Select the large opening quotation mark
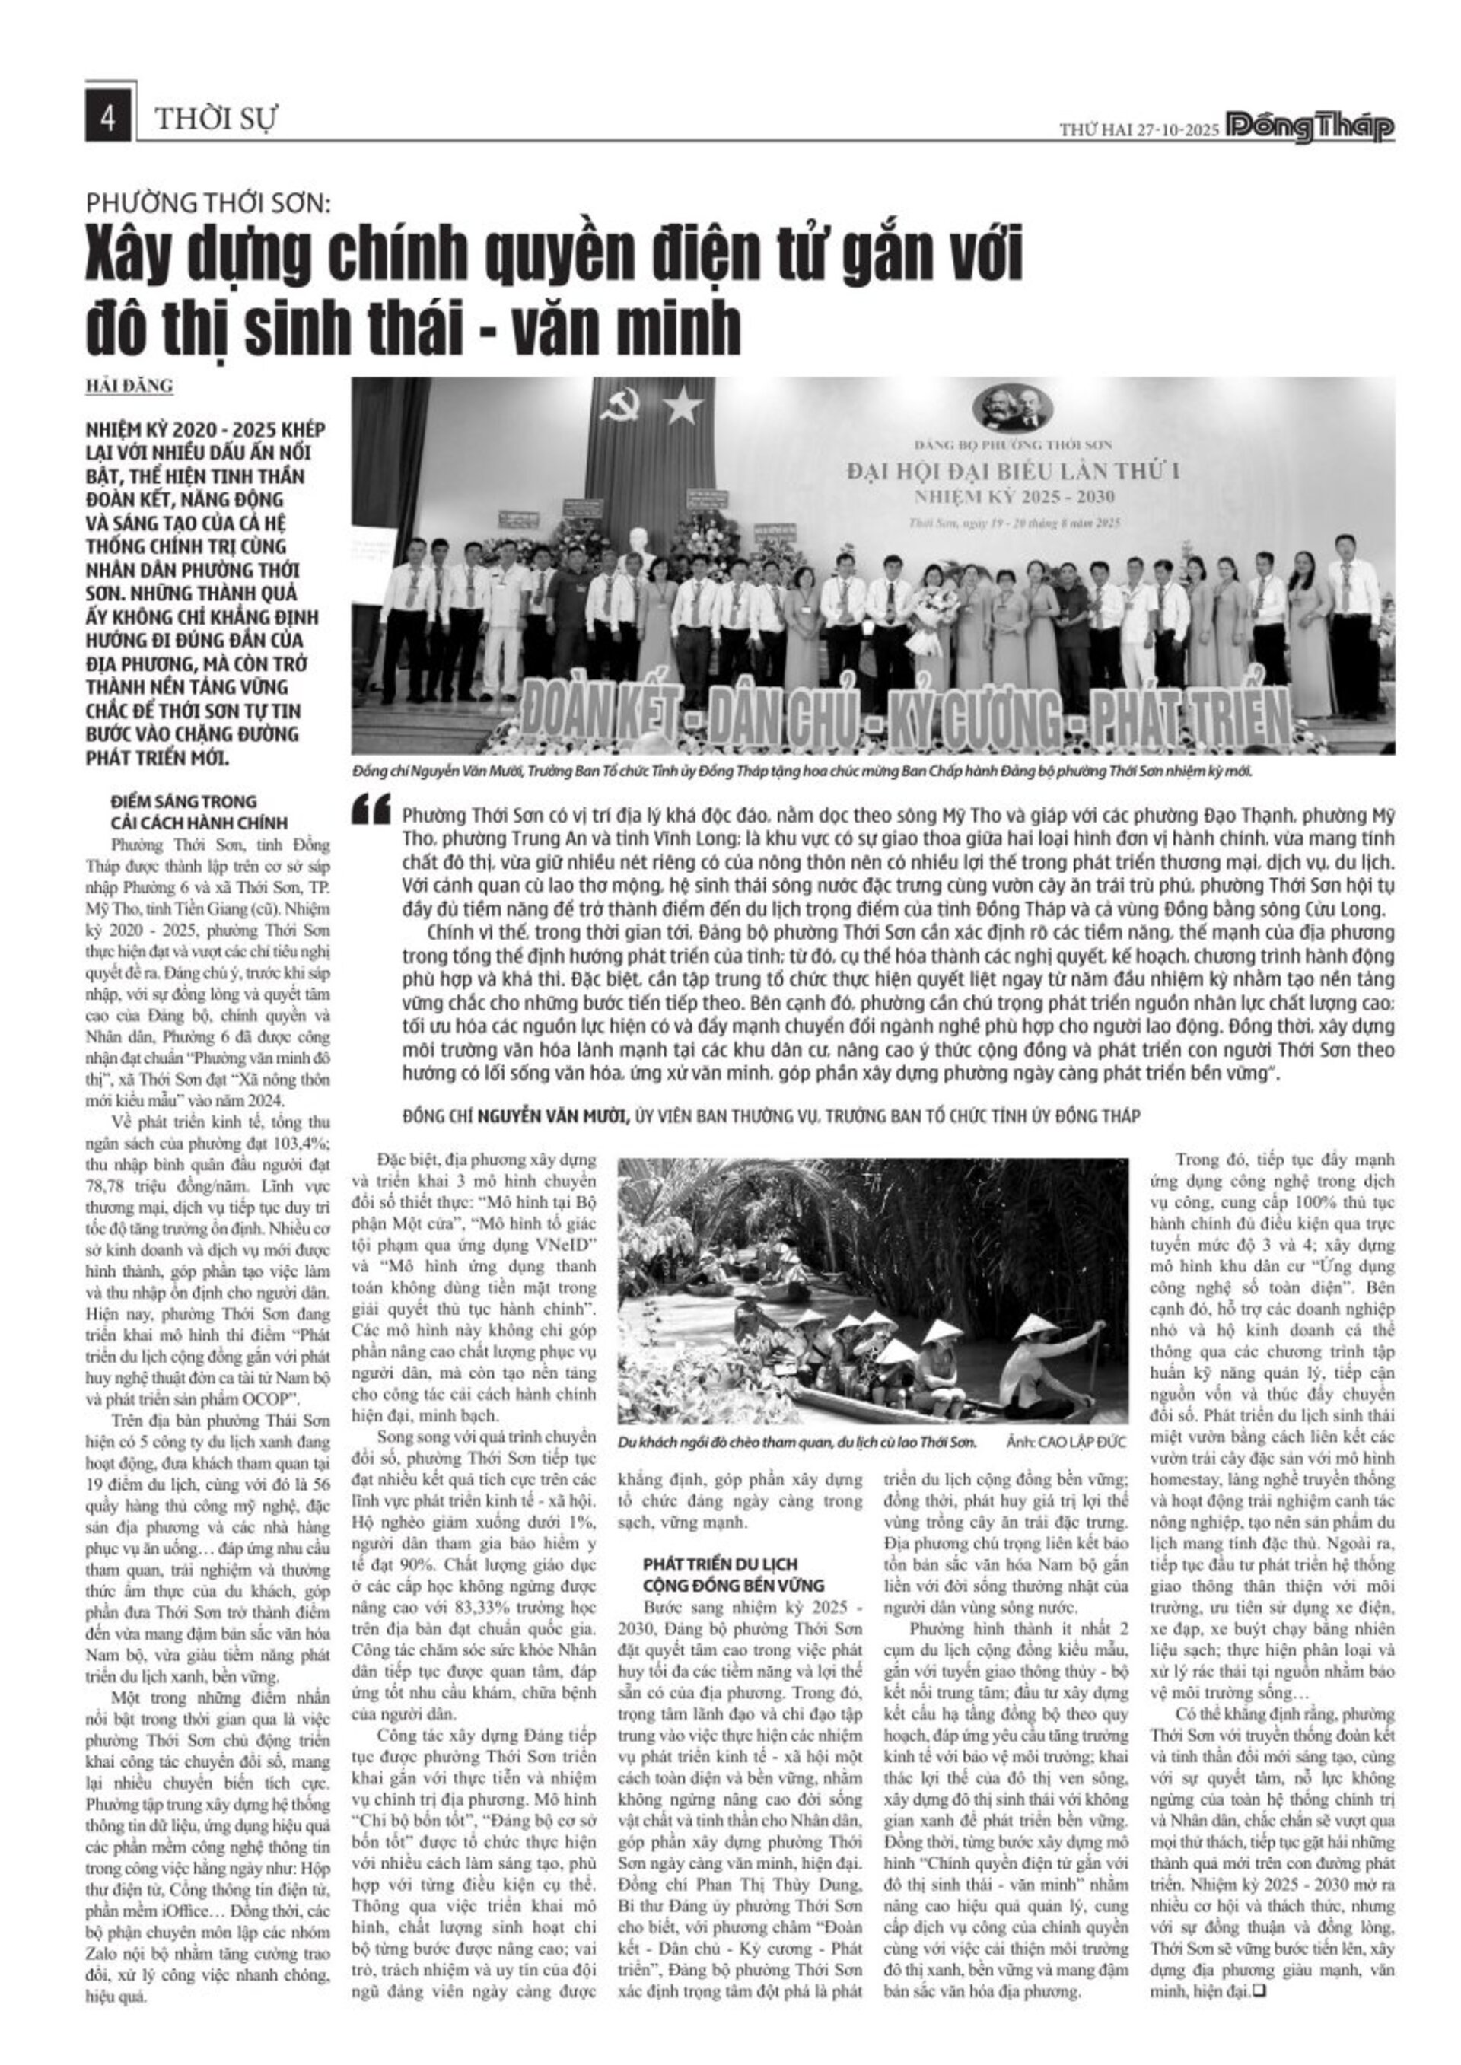372,809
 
